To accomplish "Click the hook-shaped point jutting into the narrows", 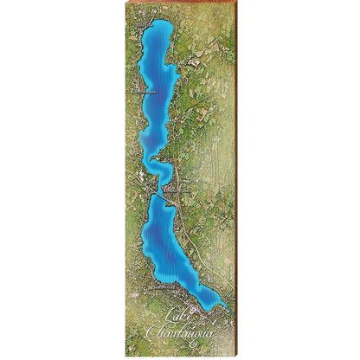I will (152, 160).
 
